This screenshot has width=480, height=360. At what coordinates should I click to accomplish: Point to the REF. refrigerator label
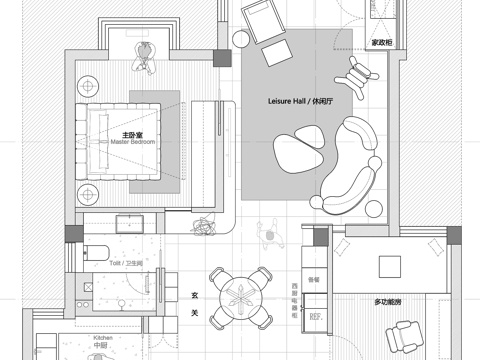tap(315, 317)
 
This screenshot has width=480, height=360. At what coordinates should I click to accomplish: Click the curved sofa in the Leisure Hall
tap(350, 165)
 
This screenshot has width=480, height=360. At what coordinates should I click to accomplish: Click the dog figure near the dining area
tap(269, 234)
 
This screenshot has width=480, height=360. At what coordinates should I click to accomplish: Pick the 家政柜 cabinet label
tap(381, 43)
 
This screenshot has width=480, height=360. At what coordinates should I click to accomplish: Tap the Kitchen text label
tap(103, 339)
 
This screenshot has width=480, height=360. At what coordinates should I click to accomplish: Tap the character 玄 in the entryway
tap(193, 295)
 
